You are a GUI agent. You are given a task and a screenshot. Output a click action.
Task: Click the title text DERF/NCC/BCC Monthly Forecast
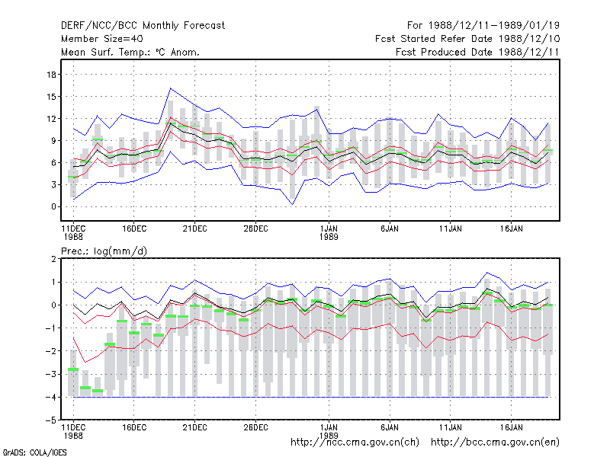(143, 26)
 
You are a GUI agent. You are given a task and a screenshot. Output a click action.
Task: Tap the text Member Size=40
(102, 39)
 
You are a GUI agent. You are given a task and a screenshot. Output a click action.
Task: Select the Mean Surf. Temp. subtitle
(130, 52)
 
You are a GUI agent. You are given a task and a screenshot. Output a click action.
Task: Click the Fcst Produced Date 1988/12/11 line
(477, 52)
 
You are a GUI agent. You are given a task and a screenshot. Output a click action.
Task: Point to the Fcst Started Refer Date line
(467, 39)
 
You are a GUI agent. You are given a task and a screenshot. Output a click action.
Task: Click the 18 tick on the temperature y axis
(51, 75)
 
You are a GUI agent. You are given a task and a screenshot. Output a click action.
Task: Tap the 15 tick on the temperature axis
(51, 97)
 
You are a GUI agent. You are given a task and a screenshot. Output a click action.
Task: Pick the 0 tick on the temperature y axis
(53, 206)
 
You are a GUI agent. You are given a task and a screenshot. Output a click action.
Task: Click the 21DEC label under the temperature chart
(195, 228)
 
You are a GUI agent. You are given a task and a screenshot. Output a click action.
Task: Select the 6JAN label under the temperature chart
(390, 228)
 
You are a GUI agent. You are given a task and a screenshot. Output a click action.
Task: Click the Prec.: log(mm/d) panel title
(104, 251)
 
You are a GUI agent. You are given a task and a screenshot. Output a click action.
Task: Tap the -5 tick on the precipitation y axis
(51, 420)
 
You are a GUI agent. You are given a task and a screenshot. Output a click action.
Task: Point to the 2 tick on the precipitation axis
(53, 259)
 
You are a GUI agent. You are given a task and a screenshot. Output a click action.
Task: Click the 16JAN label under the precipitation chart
(511, 427)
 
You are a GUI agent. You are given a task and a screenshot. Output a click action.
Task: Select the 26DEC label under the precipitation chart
(255, 427)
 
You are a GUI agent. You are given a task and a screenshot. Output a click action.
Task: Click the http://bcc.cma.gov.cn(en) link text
(495, 443)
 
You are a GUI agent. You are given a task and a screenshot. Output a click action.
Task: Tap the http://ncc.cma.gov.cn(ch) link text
(355, 443)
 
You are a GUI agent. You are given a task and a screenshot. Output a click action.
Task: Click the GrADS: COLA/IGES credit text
(34, 452)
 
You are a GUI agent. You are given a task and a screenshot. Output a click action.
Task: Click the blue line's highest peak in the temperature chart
(170, 88)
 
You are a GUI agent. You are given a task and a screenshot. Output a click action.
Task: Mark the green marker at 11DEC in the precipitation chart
(73, 369)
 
